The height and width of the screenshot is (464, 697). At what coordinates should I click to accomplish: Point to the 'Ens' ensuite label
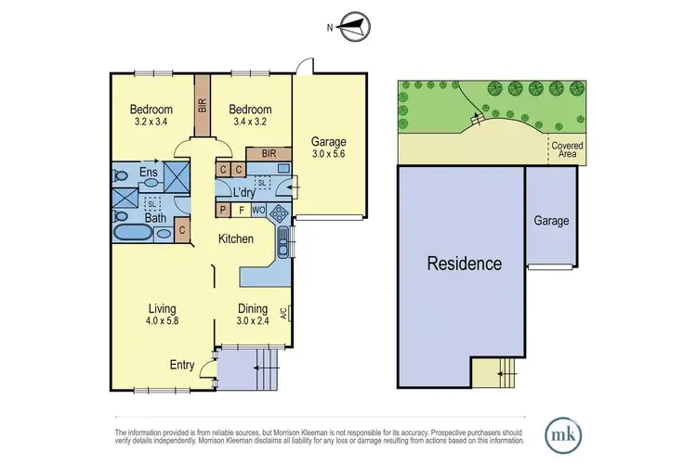148,174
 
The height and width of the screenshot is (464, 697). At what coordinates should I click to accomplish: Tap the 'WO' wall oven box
260,211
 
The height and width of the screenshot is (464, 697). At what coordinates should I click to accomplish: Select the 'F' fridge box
242,211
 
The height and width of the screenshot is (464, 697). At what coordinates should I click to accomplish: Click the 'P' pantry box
223,211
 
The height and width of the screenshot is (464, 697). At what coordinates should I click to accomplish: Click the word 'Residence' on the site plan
464,263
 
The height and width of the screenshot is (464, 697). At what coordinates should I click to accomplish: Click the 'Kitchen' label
236,238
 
